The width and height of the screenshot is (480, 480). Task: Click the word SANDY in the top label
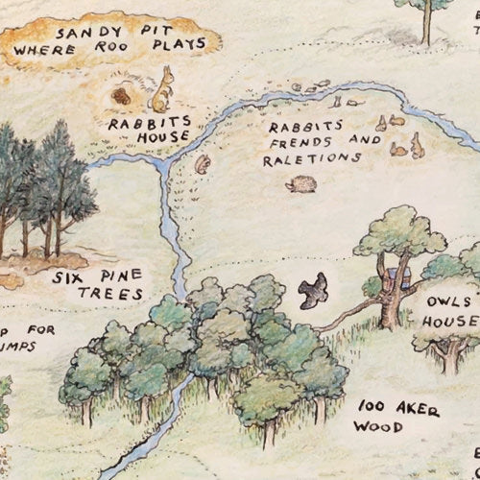tap(79, 32)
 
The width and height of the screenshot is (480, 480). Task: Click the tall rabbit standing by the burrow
tap(163, 88)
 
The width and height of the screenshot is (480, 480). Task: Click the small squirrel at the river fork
tap(203, 164)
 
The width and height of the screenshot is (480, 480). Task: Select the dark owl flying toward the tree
tap(311, 290)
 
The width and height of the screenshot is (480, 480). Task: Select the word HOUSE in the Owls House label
tap(449, 321)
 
